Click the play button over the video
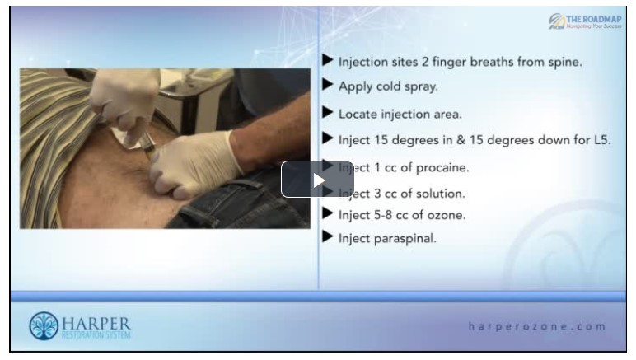[317, 179]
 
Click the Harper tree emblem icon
[43, 326]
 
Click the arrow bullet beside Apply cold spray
[327, 84]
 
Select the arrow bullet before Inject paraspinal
[327, 237]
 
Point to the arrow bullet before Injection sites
[327, 60]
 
